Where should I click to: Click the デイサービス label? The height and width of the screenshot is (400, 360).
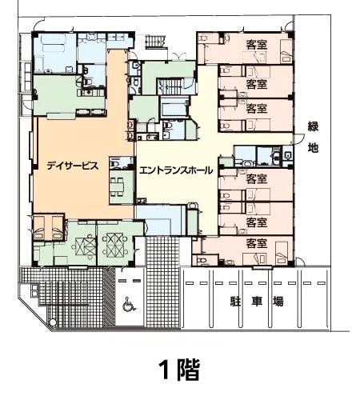coord(72,167)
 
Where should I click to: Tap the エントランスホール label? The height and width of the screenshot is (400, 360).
coord(174,170)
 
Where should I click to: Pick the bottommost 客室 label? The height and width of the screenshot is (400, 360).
coord(256,243)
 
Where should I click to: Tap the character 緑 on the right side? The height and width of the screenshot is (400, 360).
coord(314,126)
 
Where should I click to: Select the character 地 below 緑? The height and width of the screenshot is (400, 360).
coord(314,148)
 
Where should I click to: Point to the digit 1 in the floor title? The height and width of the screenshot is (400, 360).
coord(164,370)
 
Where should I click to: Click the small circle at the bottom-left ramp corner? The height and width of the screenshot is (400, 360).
coord(53,322)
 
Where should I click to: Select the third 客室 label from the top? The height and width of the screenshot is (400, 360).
coord(256,108)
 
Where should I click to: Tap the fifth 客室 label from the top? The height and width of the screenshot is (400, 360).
coord(256,222)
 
